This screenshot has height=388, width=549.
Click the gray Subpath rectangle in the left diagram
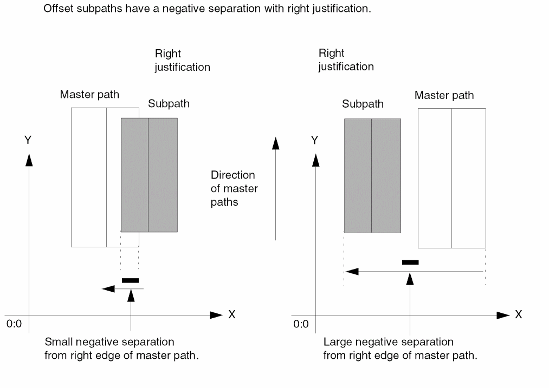click(x=149, y=175)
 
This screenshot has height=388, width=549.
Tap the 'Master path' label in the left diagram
click(x=89, y=95)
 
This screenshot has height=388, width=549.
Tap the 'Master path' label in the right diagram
click(x=444, y=95)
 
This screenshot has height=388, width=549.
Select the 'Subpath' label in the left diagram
click(x=169, y=104)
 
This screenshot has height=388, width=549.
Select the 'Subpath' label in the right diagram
click(x=363, y=104)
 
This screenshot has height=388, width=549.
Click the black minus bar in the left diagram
click(x=130, y=280)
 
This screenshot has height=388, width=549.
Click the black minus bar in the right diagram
click(x=410, y=262)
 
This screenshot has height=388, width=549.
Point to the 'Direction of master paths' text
click(x=234, y=188)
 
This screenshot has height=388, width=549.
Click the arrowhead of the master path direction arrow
click(x=276, y=143)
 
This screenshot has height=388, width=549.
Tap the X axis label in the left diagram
click(x=232, y=314)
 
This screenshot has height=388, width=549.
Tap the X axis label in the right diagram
click(x=518, y=314)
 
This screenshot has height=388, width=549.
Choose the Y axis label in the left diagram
click(x=28, y=140)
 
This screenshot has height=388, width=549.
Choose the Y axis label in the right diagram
click(x=314, y=140)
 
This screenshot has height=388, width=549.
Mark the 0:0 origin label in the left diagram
click(x=14, y=325)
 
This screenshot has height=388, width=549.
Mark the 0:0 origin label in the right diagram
click(x=301, y=325)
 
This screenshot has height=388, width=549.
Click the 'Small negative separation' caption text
click(x=109, y=342)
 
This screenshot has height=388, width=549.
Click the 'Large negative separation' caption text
click(x=388, y=342)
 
